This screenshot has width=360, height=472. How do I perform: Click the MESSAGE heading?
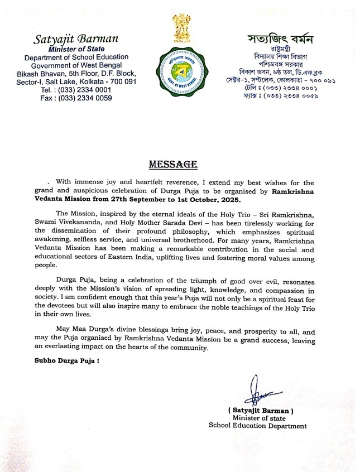coord(172,165)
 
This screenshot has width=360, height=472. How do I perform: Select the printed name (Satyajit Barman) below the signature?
coord(261,410)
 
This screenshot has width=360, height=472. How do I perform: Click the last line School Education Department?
coord(257,426)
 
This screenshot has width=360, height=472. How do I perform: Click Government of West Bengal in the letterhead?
coord(76,65)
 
